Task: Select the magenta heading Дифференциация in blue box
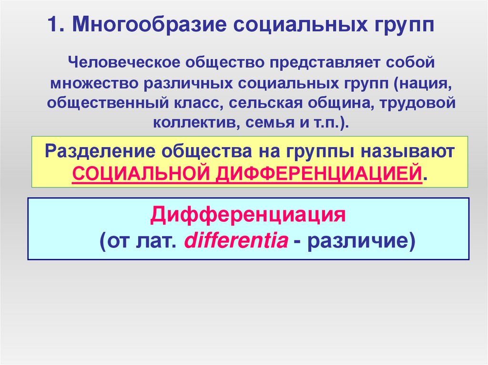[x=247, y=215]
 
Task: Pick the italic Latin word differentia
[x=236, y=241]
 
